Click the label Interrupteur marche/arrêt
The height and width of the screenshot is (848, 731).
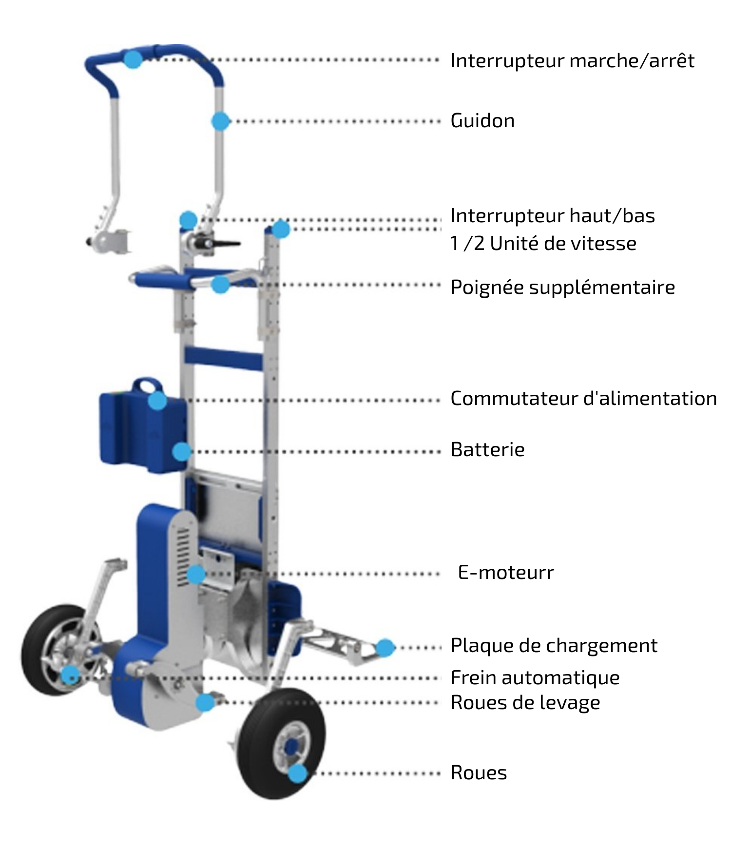coord(572,61)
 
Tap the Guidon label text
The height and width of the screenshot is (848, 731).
coord(482,121)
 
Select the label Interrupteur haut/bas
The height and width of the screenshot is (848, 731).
coord(553,215)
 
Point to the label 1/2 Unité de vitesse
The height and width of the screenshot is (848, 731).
coord(543,243)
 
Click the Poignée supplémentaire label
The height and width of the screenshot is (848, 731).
coord(563,288)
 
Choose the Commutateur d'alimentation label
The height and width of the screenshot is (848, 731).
coord(584,398)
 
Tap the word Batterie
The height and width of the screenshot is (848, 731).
coord(488,449)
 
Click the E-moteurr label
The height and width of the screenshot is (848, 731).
coord(506,572)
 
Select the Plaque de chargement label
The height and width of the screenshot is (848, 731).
coord(554,646)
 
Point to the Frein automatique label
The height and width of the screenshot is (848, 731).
coord(535,678)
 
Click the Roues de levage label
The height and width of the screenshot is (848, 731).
coord(525,703)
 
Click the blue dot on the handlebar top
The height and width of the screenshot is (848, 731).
coord(133,59)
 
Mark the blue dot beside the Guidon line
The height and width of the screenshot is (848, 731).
coord(221,121)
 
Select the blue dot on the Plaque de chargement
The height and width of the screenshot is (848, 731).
coord(385,648)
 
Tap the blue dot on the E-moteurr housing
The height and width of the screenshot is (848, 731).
coord(196,575)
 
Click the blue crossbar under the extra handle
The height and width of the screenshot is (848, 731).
coord(223,357)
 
